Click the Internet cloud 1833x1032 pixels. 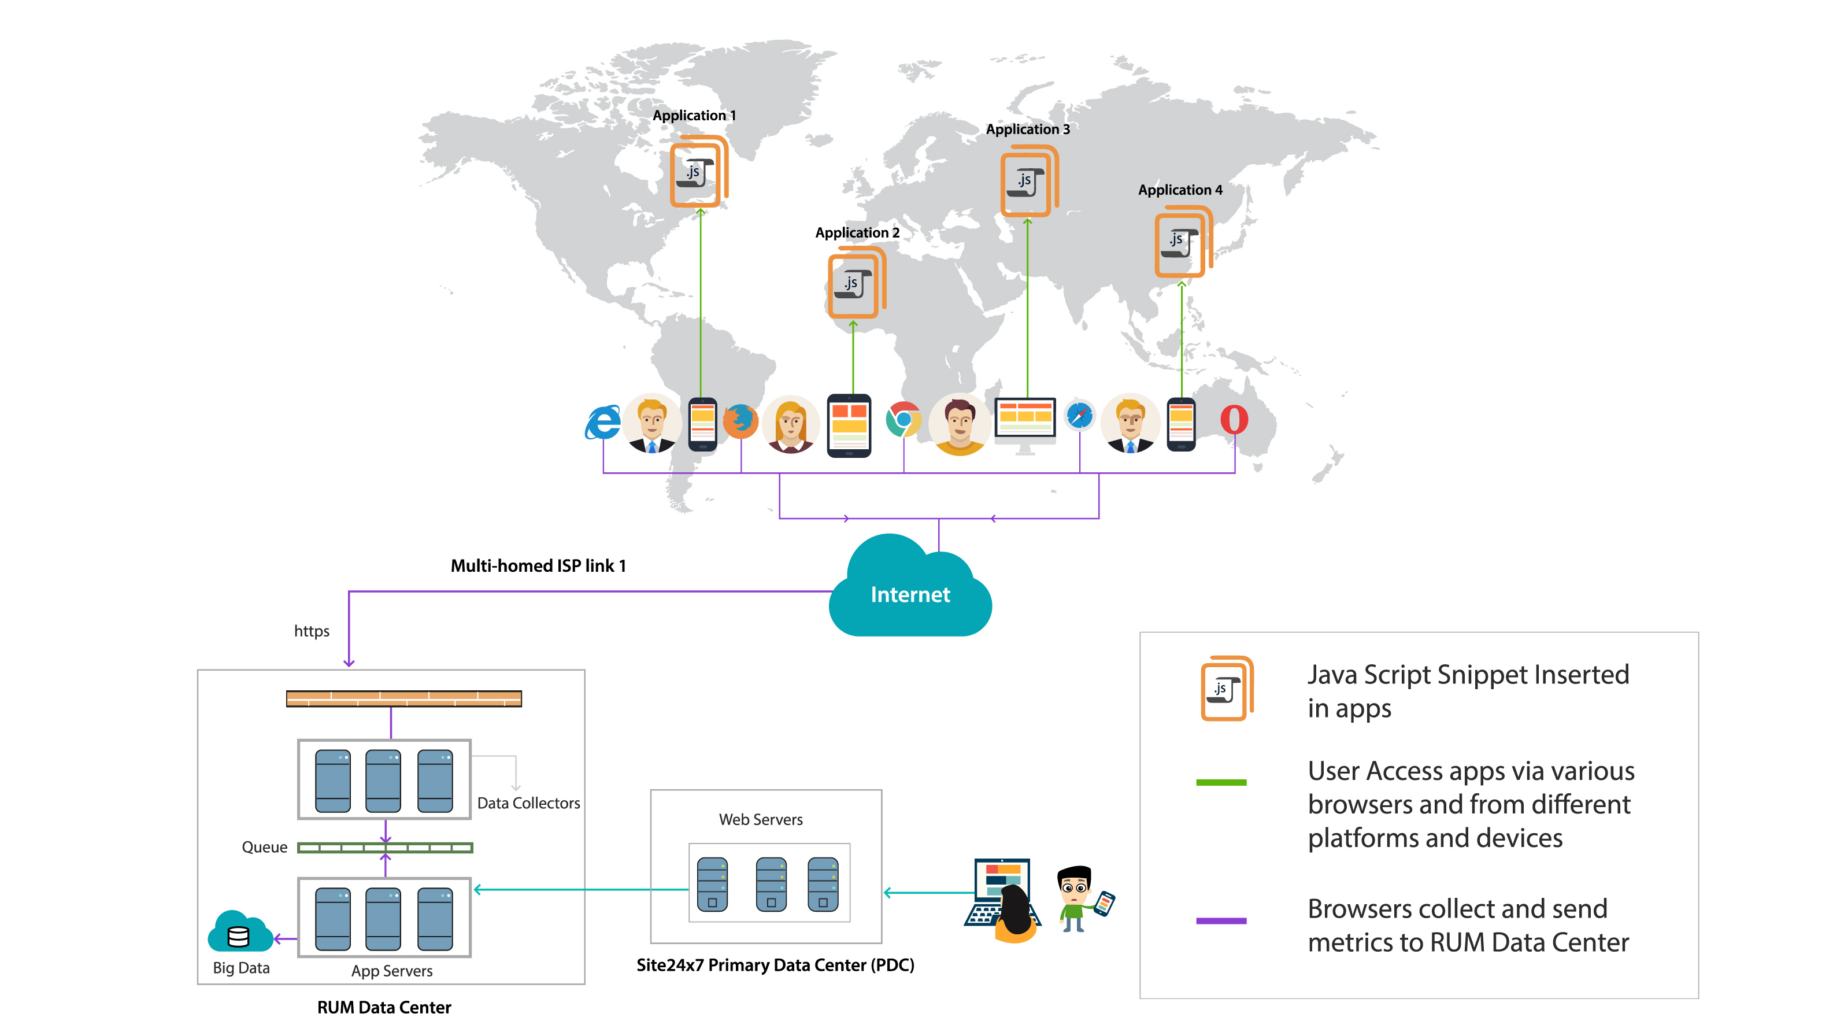910,591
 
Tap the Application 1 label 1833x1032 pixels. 694,115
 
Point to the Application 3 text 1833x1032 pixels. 1027,129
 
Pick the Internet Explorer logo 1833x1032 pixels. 603,423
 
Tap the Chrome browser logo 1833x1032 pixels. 903,419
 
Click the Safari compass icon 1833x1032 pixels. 1079,416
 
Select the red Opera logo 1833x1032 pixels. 1234,419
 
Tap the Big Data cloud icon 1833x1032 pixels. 239,933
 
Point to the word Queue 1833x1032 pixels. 264,847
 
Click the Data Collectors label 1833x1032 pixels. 528,803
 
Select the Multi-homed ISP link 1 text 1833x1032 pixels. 538,566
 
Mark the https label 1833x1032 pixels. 312,631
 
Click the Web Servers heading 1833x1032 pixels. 760,819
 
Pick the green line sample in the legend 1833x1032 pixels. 1221,782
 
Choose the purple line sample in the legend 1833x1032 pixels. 1221,920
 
